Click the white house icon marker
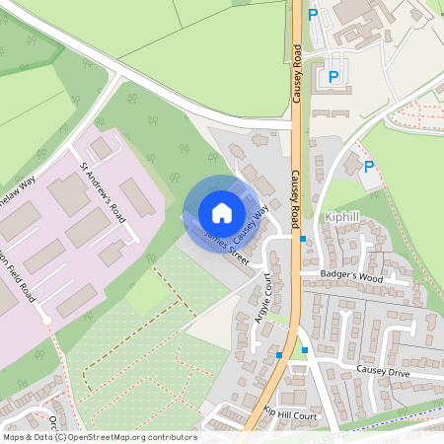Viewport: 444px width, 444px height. click(x=222, y=213)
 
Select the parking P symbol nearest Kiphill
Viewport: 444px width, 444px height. click(x=369, y=167)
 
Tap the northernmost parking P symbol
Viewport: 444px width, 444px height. click(x=313, y=14)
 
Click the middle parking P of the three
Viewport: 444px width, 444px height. click(x=333, y=76)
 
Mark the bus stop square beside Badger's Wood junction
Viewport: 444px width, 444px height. click(x=303, y=239)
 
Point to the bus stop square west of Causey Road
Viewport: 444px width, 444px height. click(x=280, y=355)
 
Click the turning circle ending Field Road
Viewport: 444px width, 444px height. click(x=46, y=320)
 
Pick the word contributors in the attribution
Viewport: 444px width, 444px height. click(x=171, y=436)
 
